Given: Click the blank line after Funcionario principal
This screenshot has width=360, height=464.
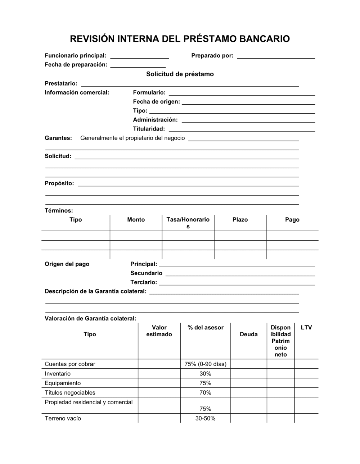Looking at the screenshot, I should pyautogui.click(x=139, y=56).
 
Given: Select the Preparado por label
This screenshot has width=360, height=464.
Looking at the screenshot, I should pyautogui.click(x=212, y=56).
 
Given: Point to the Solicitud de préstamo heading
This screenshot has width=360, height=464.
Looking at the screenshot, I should pyautogui.click(x=180, y=74).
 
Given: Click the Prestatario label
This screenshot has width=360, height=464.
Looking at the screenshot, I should pyautogui.click(x=61, y=83).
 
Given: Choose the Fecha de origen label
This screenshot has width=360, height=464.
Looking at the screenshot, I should pyautogui.click(x=156, y=102).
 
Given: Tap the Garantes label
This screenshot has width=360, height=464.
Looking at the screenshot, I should pyautogui.click(x=58, y=138).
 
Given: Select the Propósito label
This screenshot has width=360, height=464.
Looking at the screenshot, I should pyautogui.click(x=59, y=183).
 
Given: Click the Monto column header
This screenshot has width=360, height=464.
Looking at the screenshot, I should pyautogui.click(x=136, y=220).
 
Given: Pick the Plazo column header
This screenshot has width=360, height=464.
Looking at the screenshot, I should pyautogui.click(x=240, y=220).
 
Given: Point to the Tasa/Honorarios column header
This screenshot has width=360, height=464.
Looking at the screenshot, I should pyautogui.click(x=188, y=223).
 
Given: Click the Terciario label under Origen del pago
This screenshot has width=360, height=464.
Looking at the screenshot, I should pyautogui.click(x=143, y=282).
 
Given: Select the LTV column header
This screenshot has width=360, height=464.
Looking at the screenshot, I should pyautogui.click(x=306, y=328).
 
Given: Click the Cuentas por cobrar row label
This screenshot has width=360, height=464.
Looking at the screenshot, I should pyautogui.click(x=70, y=364).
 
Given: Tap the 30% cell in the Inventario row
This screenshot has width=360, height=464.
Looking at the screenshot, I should pyautogui.click(x=205, y=374).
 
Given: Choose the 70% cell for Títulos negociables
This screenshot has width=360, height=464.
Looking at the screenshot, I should pyautogui.click(x=205, y=393).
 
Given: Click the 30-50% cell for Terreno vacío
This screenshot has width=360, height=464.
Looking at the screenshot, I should pyautogui.click(x=205, y=419).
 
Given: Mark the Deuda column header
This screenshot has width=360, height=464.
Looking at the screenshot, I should pyautogui.click(x=248, y=335).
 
